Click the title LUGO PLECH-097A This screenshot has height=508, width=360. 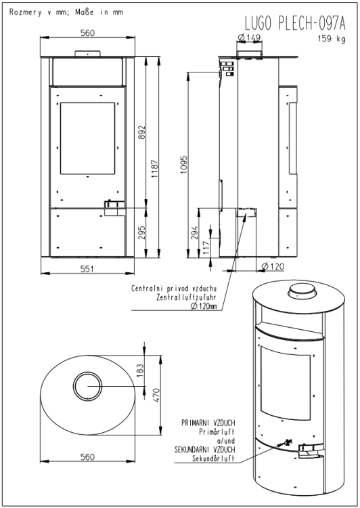[295, 23]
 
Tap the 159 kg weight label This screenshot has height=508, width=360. [332, 39]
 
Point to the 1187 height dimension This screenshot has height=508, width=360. [155, 169]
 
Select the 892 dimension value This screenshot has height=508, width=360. [142, 133]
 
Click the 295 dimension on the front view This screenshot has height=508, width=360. [141, 232]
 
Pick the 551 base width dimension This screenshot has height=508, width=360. [87, 269]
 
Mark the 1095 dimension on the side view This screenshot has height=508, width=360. [184, 165]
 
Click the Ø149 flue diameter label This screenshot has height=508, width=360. [249, 37]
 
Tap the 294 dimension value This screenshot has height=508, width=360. [194, 232]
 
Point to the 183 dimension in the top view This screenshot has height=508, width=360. [139, 371]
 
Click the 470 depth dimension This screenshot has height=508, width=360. [156, 396]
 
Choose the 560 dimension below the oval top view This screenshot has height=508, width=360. [87, 457]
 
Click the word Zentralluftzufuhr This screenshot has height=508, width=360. [186, 297]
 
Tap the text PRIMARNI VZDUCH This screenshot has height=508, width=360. [208, 423]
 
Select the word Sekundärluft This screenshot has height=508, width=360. [213, 459]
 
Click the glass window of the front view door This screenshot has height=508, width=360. [87, 138]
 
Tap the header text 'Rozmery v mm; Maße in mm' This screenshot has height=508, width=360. [66, 12]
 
